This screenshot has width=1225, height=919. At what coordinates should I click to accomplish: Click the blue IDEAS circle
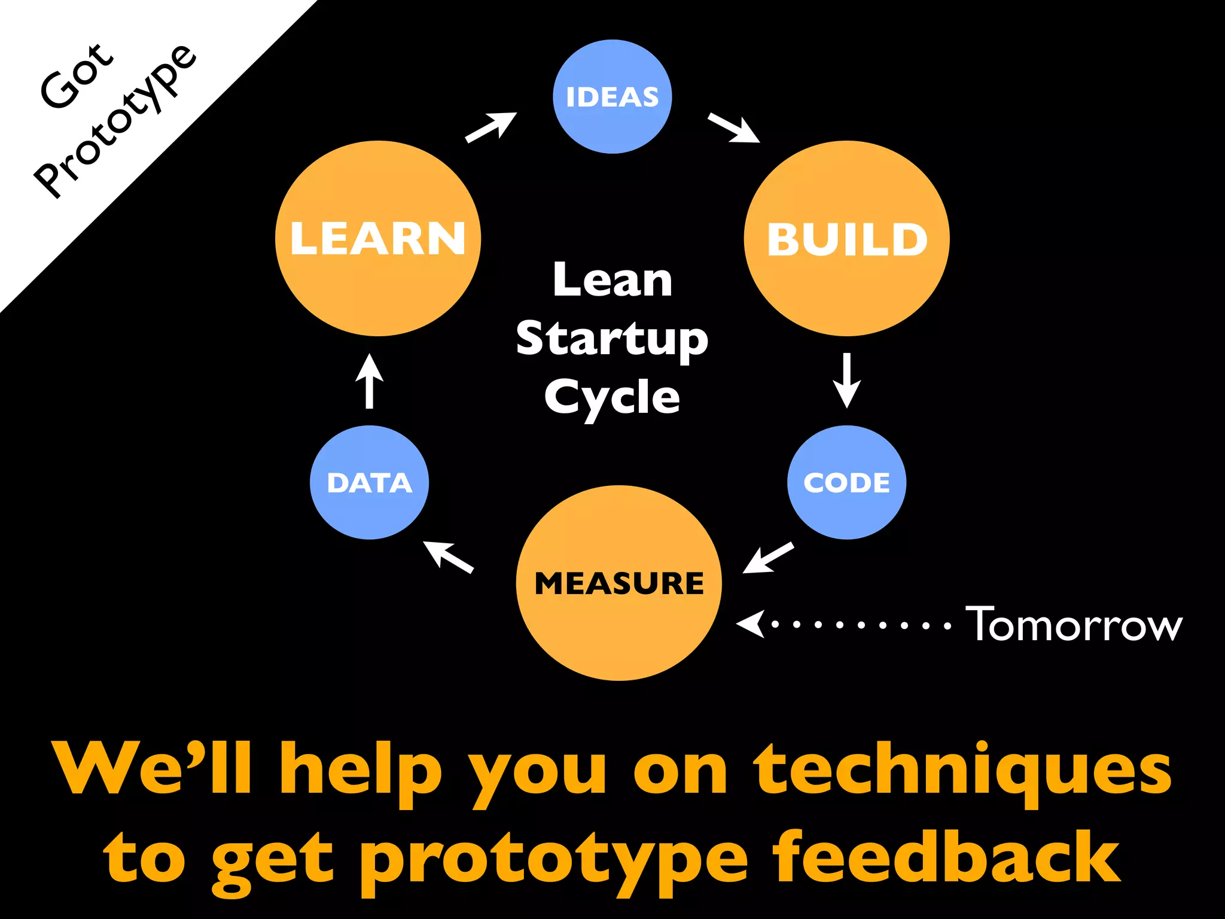[x=612, y=97]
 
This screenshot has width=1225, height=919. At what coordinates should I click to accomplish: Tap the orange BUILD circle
[x=846, y=239]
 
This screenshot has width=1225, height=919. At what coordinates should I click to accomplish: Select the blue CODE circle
[x=846, y=482]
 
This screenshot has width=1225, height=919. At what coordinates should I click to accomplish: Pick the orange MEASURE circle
[x=618, y=583]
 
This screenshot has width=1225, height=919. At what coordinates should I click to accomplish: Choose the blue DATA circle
[x=370, y=482]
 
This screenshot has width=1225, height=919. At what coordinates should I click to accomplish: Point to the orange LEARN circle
[x=378, y=239]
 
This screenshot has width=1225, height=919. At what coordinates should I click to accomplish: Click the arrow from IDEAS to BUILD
[x=734, y=128]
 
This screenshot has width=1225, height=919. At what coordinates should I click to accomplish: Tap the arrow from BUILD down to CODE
[x=846, y=381]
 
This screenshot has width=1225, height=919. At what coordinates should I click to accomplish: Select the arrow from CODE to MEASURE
[x=769, y=558]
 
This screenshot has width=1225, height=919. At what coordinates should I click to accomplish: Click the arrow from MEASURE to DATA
[x=448, y=556]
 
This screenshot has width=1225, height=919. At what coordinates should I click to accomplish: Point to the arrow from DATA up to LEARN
[x=370, y=382]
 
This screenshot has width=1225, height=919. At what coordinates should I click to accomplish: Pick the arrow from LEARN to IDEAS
[x=491, y=127]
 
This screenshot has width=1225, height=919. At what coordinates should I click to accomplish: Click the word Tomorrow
[x=1074, y=625]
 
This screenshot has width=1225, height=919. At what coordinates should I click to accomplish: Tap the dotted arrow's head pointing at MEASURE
[x=751, y=624]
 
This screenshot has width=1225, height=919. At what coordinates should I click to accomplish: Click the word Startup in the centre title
[x=612, y=339]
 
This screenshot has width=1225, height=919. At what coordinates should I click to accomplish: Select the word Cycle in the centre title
[x=612, y=397]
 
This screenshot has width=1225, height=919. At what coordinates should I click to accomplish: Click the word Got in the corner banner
[x=76, y=76]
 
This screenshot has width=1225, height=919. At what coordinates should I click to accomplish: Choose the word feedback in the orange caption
[x=947, y=859]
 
